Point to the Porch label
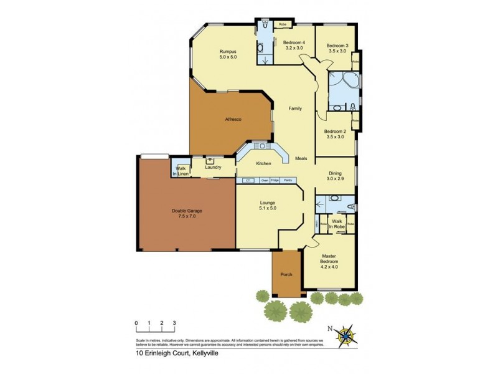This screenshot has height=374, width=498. (x=286, y=274)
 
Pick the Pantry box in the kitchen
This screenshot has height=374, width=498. (x=288, y=180)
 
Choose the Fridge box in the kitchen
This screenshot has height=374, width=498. (x=275, y=180)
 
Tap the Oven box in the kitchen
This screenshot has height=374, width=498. (x=265, y=180)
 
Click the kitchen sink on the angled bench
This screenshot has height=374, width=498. (x=260, y=146)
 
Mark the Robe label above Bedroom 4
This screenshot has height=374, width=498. (x=282, y=25)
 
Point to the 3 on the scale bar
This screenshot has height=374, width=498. (x=175, y=322)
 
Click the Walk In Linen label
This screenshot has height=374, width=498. (x=181, y=171)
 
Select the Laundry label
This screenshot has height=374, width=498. (x=213, y=167)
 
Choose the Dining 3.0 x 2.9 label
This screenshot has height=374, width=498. (x=335, y=177)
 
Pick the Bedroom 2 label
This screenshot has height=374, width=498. (x=335, y=134)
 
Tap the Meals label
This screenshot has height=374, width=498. (x=301, y=158)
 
